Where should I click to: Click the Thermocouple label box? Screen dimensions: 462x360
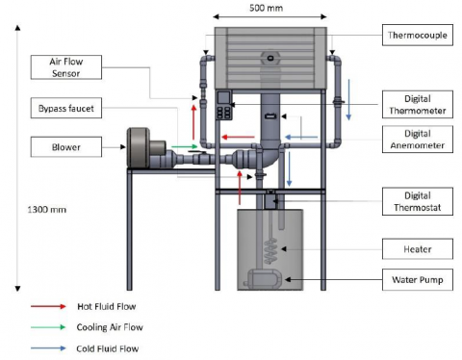pos(418,35)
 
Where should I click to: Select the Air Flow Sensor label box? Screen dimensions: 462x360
pos(66,67)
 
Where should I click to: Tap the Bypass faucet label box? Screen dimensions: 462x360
pos(66,108)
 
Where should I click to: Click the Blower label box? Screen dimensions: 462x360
pos(66,147)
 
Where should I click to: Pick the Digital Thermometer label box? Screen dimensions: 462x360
pos(418,104)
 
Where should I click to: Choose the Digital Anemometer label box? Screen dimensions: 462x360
pos(418,139)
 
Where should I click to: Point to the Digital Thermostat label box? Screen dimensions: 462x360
pos(418,201)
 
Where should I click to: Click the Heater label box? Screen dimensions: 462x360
pos(418,249)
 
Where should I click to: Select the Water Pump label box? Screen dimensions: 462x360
pos(418,280)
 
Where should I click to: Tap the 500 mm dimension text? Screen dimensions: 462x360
pos(267,8)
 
